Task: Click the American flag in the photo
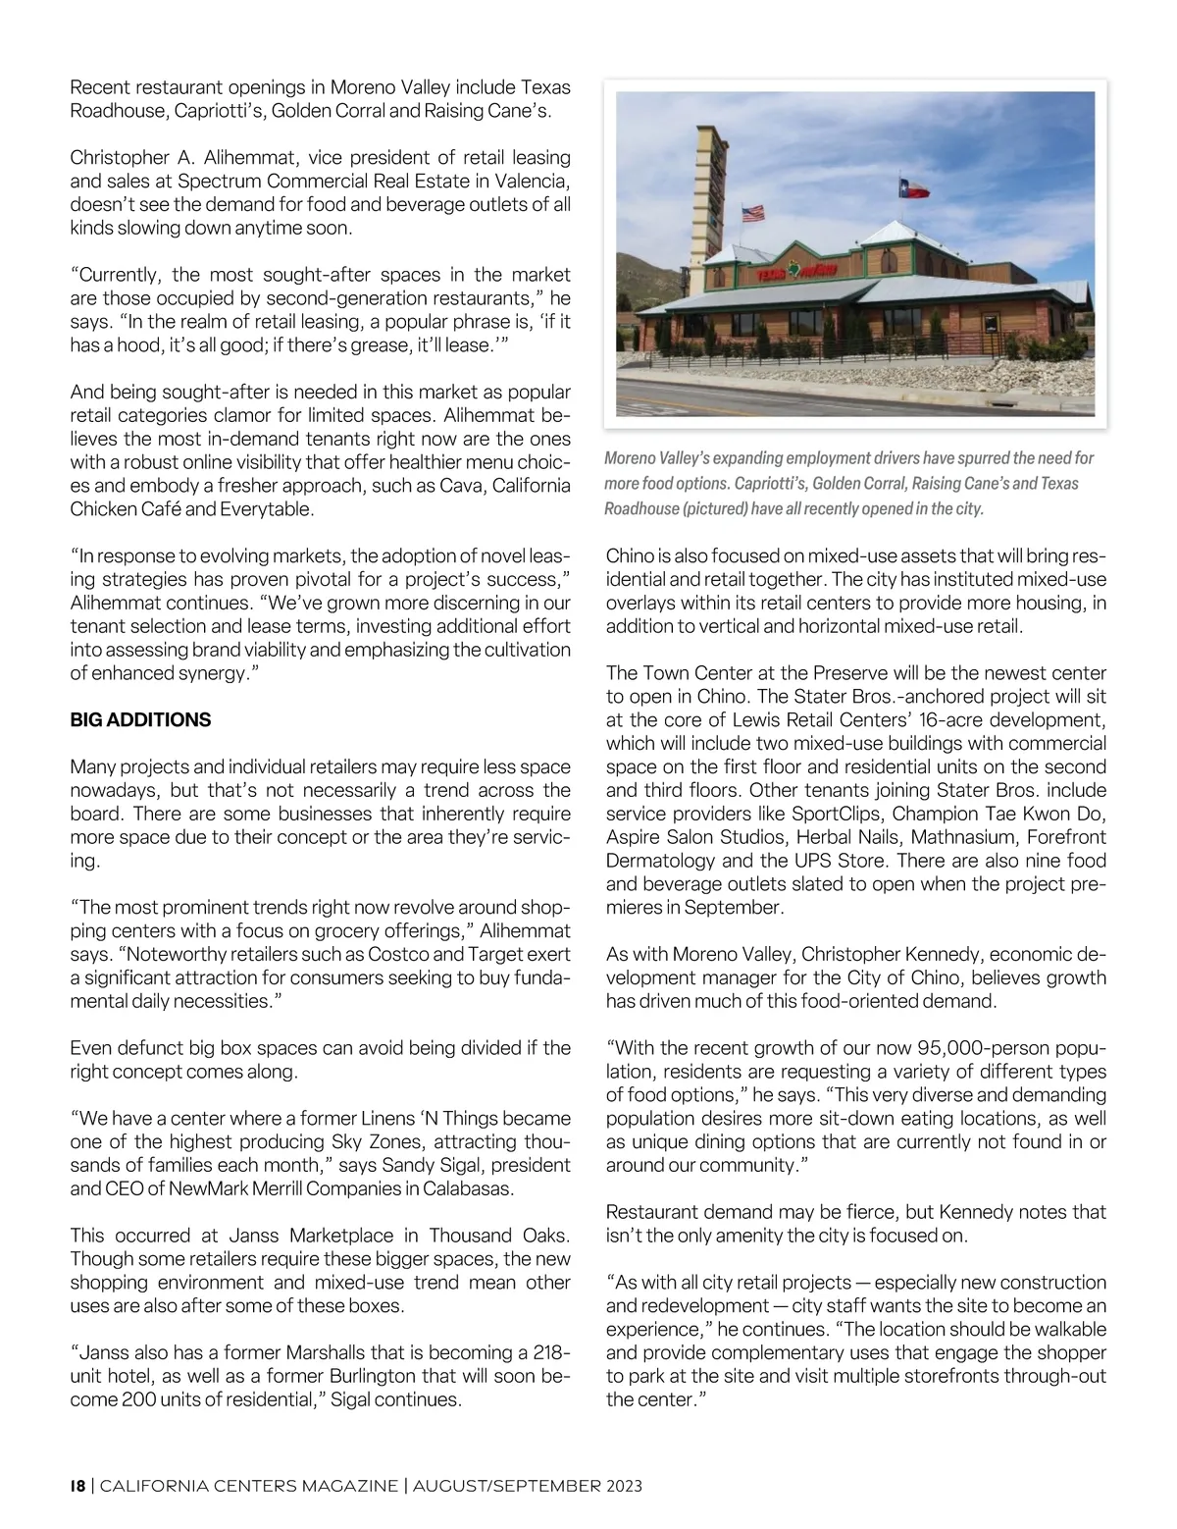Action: tap(753, 213)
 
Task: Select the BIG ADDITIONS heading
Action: tap(140, 720)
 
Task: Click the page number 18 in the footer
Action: tap(77, 1486)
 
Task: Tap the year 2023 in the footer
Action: tap(620, 1486)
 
